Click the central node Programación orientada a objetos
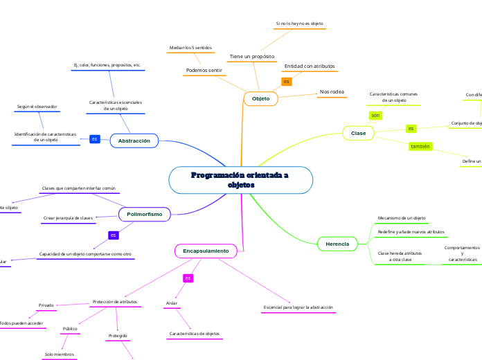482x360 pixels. [x=240, y=180]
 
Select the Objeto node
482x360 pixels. [x=260, y=99]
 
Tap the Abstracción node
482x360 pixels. [x=134, y=141]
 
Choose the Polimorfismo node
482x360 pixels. [x=144, y=215]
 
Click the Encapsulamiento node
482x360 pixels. [x=206, y=250]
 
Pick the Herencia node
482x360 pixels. [x=337, y=244]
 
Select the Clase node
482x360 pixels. [x=358, y=132]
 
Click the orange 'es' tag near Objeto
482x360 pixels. [x=286, y=82]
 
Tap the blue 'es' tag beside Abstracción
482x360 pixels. [x=94, y=140]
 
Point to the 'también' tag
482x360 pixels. [x=420, y=147]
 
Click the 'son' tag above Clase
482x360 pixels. [x=375, y=115]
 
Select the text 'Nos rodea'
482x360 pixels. [x=332, y=91]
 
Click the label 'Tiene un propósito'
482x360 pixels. [x=251, y=56]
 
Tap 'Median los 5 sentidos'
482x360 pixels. [x=190, y=48]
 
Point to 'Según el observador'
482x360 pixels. [x=37, y=107]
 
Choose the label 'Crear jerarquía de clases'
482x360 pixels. [x=68, y=218]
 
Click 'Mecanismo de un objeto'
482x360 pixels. [x=401, y=218]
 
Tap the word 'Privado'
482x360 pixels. [x=46, y=305]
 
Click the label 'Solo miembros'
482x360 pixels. [x=60, y=354]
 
